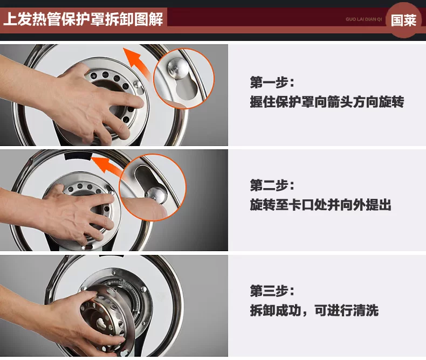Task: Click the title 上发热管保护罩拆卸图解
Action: point(83,19)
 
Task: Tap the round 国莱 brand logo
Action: point(403,20)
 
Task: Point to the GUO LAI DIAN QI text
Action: point(364,19)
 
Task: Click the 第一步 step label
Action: point(272,82)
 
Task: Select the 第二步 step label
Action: point(272,186)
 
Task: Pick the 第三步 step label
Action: point(272,291)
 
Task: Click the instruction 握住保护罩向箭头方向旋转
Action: point(327,102)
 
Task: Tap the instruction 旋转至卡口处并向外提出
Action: point(321,205)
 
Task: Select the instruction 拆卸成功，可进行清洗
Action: point(314,310)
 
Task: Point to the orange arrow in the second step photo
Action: point(107,165)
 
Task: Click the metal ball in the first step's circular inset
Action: point(178,68)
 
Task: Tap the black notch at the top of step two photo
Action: point(78,156)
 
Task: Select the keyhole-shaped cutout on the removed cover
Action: point(101,323)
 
